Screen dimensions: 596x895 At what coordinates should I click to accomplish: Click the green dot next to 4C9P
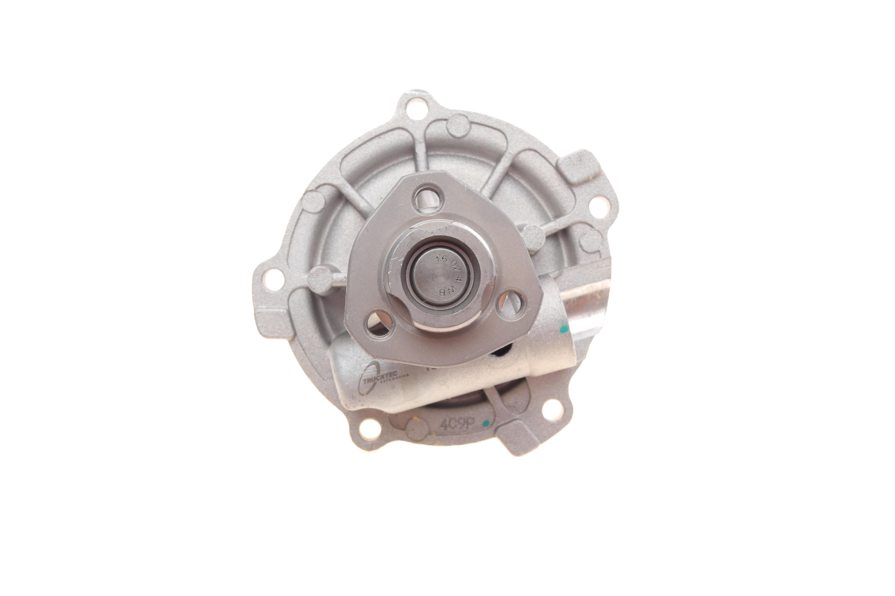[x=485, y=423]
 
